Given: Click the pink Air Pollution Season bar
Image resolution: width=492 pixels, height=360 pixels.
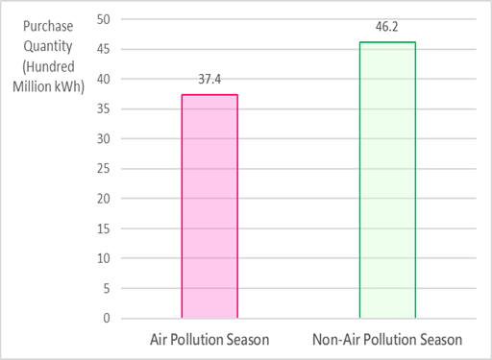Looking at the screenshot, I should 209,205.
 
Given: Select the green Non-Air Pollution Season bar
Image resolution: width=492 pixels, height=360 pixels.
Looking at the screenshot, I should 387,180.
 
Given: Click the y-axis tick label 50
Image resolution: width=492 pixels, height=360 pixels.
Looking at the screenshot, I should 104,19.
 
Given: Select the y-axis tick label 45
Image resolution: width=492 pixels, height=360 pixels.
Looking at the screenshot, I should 104,49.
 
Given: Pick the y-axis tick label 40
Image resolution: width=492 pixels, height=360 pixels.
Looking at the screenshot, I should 104,79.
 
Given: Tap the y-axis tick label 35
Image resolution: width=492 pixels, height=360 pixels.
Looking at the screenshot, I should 104,108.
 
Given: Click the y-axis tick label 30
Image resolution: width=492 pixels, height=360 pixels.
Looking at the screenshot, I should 104,138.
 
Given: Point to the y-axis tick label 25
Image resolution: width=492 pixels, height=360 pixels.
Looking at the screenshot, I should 104,169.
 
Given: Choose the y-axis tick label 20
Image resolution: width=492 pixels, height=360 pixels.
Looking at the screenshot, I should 104,199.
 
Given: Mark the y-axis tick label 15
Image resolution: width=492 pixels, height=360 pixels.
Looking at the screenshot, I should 104,228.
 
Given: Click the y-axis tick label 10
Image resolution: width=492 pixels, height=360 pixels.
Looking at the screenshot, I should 104,258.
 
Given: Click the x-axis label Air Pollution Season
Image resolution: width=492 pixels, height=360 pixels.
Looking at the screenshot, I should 209,340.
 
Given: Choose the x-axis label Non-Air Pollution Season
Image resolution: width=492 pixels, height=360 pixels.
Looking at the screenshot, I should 387,340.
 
